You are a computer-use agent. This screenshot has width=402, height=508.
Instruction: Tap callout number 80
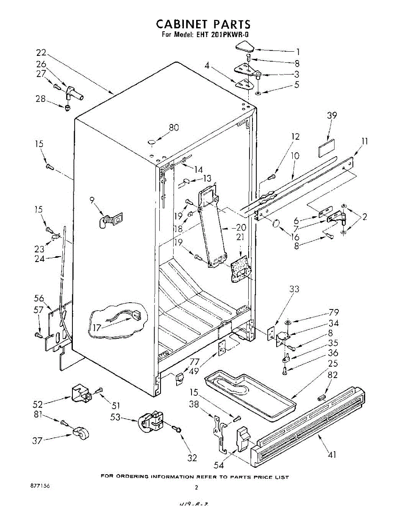pyautogui.click(x=174, y=127)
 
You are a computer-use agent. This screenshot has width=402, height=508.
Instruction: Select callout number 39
pyautogui.click(x=332, y=116)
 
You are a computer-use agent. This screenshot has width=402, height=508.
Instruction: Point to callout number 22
pyautogui.click(x=41, y=53)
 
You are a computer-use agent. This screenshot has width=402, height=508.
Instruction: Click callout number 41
pyautogui.click(x=332, y=455)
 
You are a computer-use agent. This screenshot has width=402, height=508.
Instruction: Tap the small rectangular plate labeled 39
pyautogui.click(x=327, y=150)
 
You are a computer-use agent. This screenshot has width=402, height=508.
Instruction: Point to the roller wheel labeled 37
pyautogui.click(x=79, y=433)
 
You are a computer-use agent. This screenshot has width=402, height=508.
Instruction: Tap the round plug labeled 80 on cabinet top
pyautogui.click(x=151, y=142)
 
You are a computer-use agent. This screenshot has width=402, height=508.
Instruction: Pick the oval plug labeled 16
pyautogui.click(x=276, y=223)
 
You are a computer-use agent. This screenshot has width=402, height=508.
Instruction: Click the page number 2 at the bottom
pyautogui.click(x=197, y=487)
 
